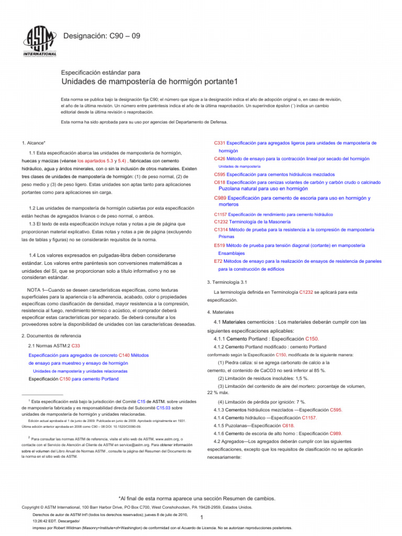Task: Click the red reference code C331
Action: (220, 143)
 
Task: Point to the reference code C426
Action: (220, 159)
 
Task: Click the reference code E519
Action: (220, 245)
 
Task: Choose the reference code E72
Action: (218, 261)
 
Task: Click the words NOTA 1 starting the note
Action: (37, 290)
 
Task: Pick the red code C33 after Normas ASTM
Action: (76, 346)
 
